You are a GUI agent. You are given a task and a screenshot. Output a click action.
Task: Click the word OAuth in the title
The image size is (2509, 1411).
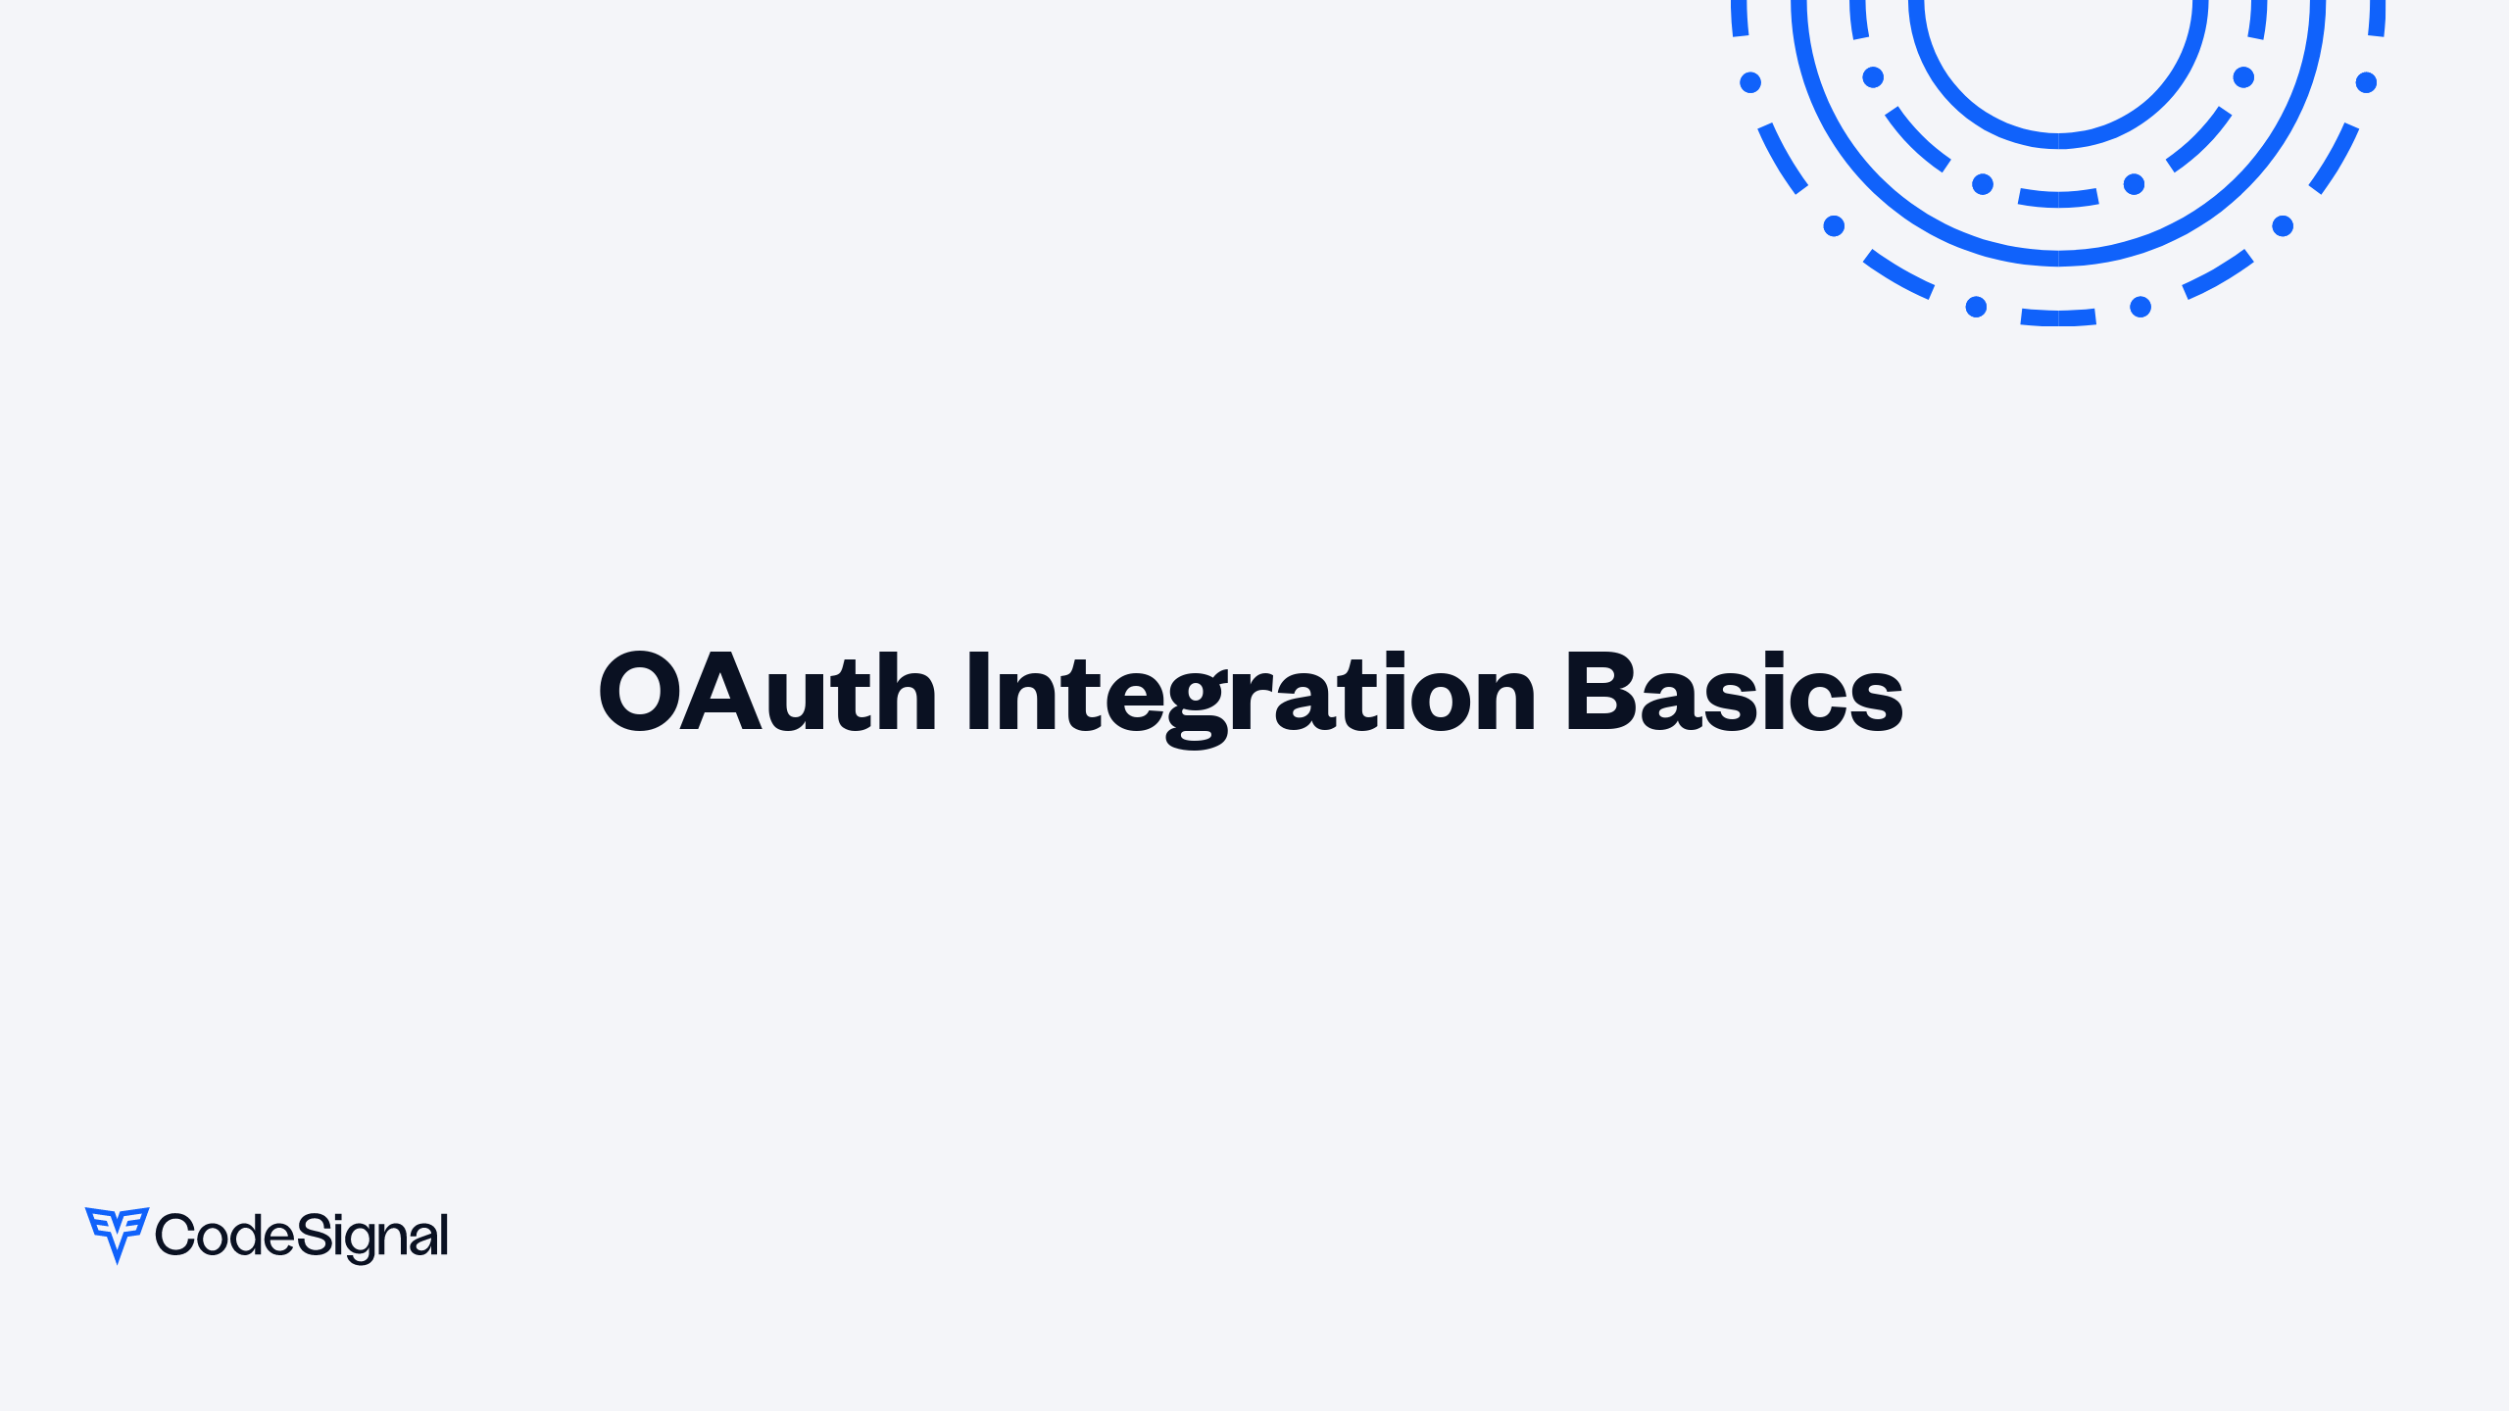pos(768,692)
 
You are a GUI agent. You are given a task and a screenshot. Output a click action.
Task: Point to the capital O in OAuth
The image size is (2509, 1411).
pos(639,692)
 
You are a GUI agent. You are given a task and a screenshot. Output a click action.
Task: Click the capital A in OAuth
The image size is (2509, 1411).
pos(720,692)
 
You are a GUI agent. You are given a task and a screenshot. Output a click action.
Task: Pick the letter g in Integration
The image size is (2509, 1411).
pos(1198,707)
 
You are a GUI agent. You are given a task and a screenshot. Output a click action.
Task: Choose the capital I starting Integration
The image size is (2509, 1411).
pos(978,692)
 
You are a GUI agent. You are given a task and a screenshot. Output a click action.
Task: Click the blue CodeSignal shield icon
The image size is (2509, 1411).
pos(118,1235)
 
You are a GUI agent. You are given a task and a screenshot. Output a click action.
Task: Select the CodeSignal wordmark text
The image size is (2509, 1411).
pos(302,1237)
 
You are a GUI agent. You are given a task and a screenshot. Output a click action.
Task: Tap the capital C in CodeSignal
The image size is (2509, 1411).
pos(175,1235)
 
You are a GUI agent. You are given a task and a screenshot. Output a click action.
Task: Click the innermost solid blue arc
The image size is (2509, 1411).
pos(2058,141)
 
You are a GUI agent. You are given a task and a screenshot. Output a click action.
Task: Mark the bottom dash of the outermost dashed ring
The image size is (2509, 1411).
pos(2058,317)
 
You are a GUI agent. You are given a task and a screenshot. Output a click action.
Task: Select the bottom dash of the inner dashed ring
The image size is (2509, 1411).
pos(2058,198)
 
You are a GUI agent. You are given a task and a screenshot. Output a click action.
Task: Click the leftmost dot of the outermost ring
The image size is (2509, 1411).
pos(1750,82)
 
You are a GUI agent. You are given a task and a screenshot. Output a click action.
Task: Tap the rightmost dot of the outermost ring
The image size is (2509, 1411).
pos(2366,82)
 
